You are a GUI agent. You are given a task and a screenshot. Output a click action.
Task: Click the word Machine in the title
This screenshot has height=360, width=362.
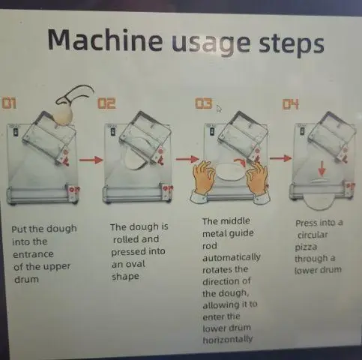pyautogui.click(x=105, y=40)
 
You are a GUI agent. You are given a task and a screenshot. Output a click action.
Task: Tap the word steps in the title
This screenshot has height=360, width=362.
pyautogui.click(x=291, y=43)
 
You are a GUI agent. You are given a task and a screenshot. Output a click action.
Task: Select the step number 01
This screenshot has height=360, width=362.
pyautogui.click(x=10, y=103)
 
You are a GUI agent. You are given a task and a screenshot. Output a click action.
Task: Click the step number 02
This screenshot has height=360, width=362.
pyautogui.click(x=106, y=103)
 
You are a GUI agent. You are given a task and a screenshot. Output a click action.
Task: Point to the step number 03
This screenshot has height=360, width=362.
pyautogui.click(x=204, y=103)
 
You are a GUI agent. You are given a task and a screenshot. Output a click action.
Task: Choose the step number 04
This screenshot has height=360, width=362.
pyautogui.click(x=291, y=104)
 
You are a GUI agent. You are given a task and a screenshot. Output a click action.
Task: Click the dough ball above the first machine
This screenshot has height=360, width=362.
pyautogui.click(x=64, y=115)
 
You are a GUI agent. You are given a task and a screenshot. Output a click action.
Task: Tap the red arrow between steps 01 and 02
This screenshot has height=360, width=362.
pyautogui.click(x=91, y=160)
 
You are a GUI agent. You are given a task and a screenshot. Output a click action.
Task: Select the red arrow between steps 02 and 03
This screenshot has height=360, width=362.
pyautogui.click(x=187, y=159)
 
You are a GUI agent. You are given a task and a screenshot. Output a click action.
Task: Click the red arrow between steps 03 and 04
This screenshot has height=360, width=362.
pyautogui.click(x=281, y=158)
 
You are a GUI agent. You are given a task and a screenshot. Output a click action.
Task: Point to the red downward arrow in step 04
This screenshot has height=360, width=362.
pyautogui.click(x=322, y=168)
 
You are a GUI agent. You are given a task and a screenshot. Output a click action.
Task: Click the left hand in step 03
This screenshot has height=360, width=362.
pyautogui.click(x=204, y=179)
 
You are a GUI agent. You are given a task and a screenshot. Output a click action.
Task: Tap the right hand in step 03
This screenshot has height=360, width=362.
pyautogui.click(x=258, y=181)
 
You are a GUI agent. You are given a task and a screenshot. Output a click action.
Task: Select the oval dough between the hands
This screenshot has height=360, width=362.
pyautogui.click(x=230, y=172)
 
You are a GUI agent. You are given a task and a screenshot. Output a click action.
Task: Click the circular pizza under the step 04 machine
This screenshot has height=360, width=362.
pyautogui.click(x=319, y=202)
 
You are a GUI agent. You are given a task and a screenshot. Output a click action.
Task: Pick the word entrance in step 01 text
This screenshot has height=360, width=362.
pyautogui.click(x=33, y=254)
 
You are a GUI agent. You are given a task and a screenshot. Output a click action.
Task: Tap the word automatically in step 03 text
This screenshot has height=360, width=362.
pyautogui.click(x=232, y=257)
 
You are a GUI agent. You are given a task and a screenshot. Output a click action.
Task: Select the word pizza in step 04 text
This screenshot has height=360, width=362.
pyautogui.click(x=306, y=247)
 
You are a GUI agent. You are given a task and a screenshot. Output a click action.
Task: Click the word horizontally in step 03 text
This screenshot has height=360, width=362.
pyautogui.click(x=228, y=340)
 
